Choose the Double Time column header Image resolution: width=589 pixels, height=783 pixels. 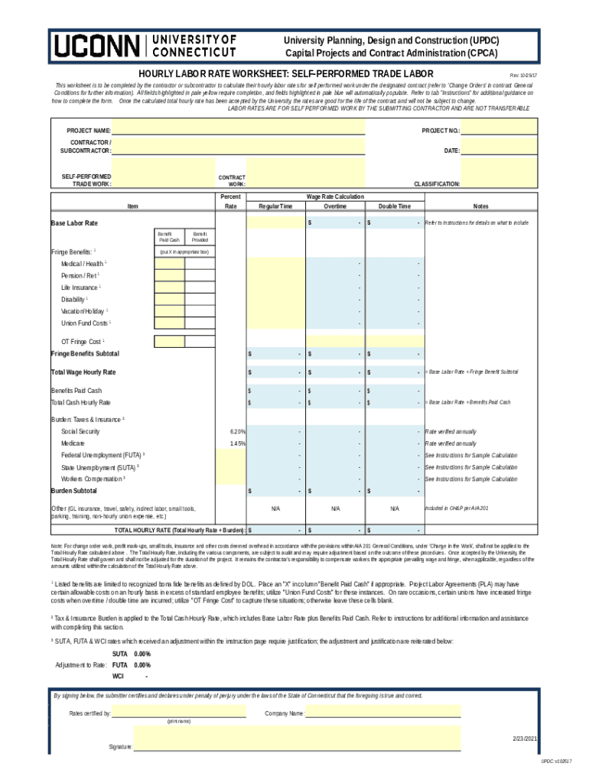click(394, 206)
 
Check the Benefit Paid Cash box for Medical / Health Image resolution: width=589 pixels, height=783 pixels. click(169, 264)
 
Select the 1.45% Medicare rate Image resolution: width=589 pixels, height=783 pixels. click(237, 443)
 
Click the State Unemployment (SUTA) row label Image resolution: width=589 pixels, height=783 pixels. click(100, 467)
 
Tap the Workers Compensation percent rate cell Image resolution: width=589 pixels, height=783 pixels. click(231, 479)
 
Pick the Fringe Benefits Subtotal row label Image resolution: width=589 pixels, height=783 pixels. click(85, 354)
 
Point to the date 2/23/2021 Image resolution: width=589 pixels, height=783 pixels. click(525, 739)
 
